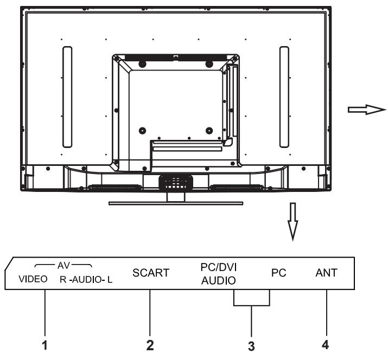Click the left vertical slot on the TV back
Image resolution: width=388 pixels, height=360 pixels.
click(67, 97)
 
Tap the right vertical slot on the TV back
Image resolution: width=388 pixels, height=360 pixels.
click(283, 97)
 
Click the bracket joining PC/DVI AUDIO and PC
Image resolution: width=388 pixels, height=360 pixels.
click(252, 305)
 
